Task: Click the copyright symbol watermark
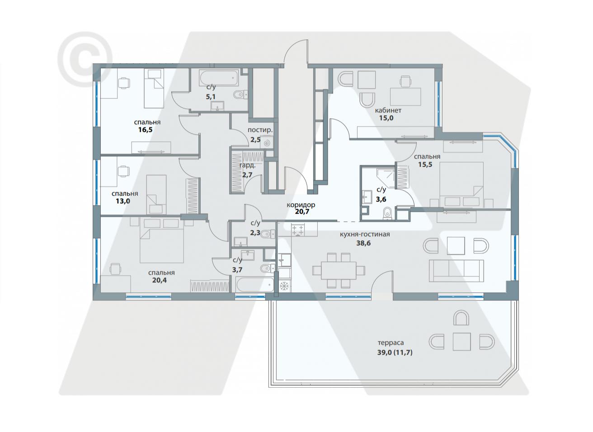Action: coord(85,59)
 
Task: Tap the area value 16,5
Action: coord(146,130)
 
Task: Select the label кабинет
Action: coord(388,110)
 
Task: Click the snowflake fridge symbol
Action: coord(284,286)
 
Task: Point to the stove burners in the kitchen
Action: coord(297,230)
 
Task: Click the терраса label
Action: coord(391,343)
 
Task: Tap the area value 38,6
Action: coord(363,243)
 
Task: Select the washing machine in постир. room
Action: coord(266,142)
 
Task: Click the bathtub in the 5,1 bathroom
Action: coord(219,78)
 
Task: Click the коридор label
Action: coord(301,205)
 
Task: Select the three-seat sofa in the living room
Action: coord(456,271)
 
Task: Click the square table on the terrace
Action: coord(461,342)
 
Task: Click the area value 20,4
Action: coord(160,280)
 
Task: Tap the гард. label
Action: coord(248,166)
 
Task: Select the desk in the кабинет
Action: coord(405,97)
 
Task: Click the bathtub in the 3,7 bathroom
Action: coord(254,285)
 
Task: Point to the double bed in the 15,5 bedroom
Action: coord(461,184)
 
